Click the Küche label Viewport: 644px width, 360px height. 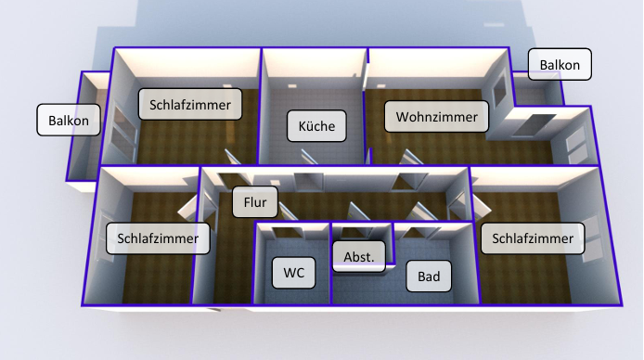pos(316,125)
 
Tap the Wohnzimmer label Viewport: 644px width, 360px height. pos(436,118)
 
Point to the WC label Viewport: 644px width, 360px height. pos(294,273)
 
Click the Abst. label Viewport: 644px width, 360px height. pos(358,256)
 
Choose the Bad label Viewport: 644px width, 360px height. pos(429,276)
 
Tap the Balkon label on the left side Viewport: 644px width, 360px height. pos(69,120)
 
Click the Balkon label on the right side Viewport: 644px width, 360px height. pos(560,65)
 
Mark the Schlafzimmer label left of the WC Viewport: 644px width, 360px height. pos(158,238)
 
